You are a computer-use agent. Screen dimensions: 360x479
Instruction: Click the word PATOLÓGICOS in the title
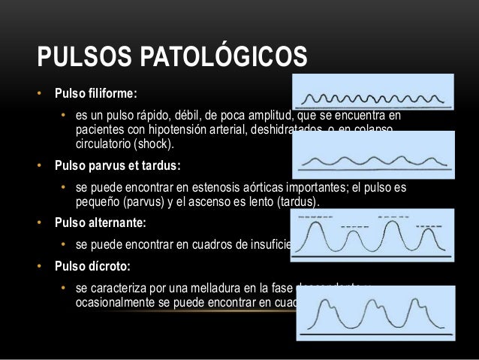pyautogui.click(x=218, y=57)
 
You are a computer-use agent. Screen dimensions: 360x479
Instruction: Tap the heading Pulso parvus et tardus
pyautogui.click(x=117, y=164)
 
